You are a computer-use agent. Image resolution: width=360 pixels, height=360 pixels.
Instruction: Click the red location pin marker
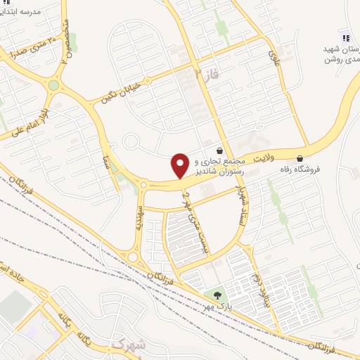[180, 165]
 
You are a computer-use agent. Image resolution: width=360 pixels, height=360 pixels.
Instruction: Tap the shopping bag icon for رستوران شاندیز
[220, 150]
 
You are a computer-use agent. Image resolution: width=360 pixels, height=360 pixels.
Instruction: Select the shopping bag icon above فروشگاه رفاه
[301, 157]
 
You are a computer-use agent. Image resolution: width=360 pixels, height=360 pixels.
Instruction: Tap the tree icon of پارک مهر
[216, 295]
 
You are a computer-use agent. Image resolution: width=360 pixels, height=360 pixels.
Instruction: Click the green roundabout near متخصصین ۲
[53, 86]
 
